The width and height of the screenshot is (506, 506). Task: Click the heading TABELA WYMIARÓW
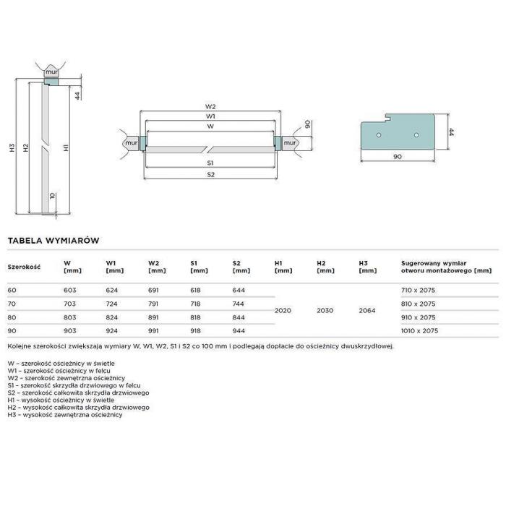pyautogui.click(x=53, y=241)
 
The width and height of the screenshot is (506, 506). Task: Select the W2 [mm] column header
pyautogui.click(x=157, y=267)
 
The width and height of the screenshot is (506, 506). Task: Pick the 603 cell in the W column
pyautogui.click(x=69, y=290)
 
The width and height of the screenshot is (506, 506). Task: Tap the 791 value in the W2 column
pyautogui.click(x=153, y=304)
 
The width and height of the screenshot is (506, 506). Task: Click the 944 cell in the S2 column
pyautogui.click(x=239, y=331)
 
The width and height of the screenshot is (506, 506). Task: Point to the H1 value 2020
pyautogui.click(x=283, y=310)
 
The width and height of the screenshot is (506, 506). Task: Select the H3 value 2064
pyautogui.click(x=367, y=310)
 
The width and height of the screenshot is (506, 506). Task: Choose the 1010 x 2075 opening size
pyautogui.click(x=419, y=331)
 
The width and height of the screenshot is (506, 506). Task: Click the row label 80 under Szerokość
pyautogui.click(x=12, y=317)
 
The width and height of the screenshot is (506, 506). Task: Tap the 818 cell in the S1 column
pyautogui.click(x=195, y=317)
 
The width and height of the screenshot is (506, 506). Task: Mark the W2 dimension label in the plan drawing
pyautogui.click(x=210, y=106)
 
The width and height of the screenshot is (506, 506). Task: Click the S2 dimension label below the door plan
pyautogui.click(x=210, y=175)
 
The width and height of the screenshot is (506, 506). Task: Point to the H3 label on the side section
pyautogui.click(x=12, y=147)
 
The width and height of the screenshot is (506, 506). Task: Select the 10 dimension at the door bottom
pyautogui.click(x=53, y=196)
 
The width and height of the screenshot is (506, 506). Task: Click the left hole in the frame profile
pyautogui.click(x=379, y=135)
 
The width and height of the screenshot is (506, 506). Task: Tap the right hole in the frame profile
pyautogui.click(x=416, y=135)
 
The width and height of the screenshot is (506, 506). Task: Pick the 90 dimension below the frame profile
pyautogui.click(x=398, y=157)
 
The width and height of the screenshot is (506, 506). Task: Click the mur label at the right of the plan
pyautogui.click(x=289, y=142)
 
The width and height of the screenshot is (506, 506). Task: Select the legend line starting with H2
pyautogui.click(x=78, y=407)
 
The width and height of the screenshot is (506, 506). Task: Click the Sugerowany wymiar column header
pyautogui.click(x=446, y=267)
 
